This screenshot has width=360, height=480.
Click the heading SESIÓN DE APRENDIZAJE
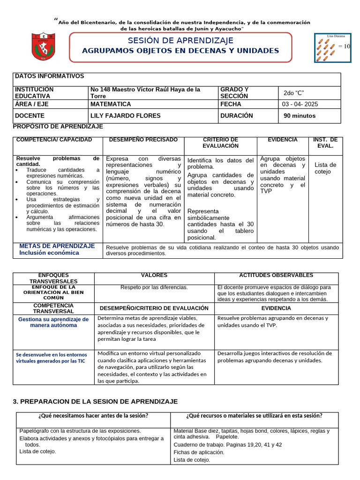click(x=180, y=41)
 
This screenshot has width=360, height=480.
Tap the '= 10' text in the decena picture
click(x=344, y=46)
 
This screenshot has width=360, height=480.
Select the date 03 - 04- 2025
click(x=300, y=104)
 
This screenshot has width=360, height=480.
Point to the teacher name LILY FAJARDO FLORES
click(x=125, y=116)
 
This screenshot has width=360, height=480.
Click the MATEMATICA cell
click(x=111, y=104)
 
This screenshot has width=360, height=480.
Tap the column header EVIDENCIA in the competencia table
click(x=282, y=140)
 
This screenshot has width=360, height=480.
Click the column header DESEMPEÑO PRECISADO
click(x=143, y=140)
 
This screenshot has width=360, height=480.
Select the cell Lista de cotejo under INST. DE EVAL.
click(x=325, y=168)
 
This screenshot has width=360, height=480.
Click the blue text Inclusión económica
click(x=49, y=253)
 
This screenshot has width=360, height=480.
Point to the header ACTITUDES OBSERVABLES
click(x=276, y=276)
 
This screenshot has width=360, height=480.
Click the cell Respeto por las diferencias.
click(x=154, y=287)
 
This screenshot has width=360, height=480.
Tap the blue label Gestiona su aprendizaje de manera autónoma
click(x=53, y=322)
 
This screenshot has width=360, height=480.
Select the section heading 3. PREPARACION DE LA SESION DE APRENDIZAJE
click(x=95, y=402)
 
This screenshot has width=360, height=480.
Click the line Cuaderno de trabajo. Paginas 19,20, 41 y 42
click(x=227, y=445)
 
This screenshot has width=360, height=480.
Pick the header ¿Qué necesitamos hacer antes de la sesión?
click(x=93, y=416)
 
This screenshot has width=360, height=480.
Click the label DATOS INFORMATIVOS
click(x=50, y=76)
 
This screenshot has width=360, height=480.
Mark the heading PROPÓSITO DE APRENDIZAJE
click(x=58, y=127)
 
